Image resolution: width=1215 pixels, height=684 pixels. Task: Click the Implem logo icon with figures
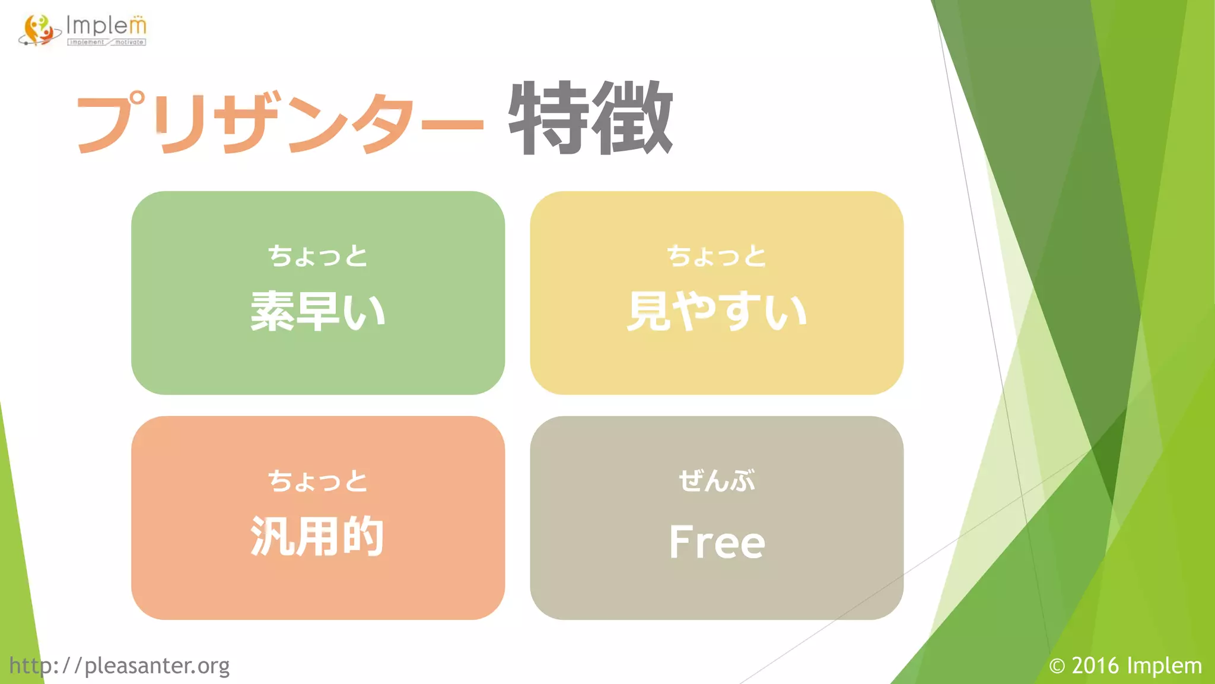(x=39, y=30)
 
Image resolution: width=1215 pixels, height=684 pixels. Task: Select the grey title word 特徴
(x=590, y=118)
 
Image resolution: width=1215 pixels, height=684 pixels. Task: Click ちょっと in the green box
(x=318, y=256)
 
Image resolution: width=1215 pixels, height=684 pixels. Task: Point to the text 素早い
(x=318, y=311)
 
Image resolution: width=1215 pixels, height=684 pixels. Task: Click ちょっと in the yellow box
(x=717, y=256)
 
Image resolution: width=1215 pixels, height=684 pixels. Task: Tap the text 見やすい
(x=717, y=311)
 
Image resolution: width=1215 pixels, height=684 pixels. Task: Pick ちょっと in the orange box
(x=318, y=480)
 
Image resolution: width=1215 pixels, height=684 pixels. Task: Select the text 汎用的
(x=318, y=536)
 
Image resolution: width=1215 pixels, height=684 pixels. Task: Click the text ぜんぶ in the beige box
(x=717, y=480)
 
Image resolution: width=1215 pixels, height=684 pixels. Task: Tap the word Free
(x=717, y=542)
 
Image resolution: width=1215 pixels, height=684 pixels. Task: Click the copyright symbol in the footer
(x=1057, y=666)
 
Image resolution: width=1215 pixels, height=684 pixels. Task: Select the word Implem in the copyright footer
(x=1165, y=666)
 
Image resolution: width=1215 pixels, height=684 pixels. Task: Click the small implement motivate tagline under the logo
(x=107, y=42)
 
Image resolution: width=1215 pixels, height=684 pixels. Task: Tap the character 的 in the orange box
(x=363, y=536)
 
